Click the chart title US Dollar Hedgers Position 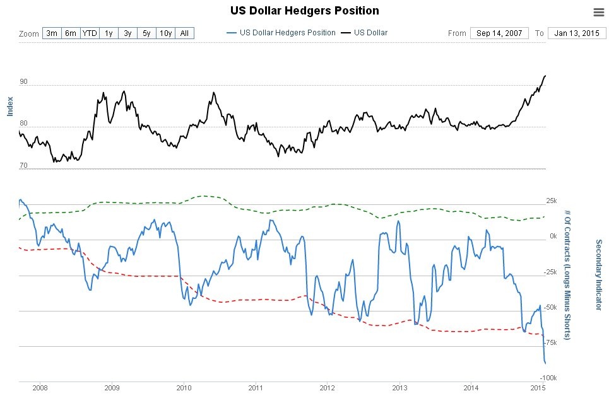304,11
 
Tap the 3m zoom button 52,33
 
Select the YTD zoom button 90,33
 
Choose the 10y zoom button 165,33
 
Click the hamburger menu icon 599,12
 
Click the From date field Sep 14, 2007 499,33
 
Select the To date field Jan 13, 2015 577,33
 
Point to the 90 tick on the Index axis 23,82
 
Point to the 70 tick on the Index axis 23,166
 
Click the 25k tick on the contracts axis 551,201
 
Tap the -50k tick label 550,307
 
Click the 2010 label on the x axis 184,387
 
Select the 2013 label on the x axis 399,387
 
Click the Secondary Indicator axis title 598,275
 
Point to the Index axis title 9,106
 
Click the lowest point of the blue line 545,363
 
